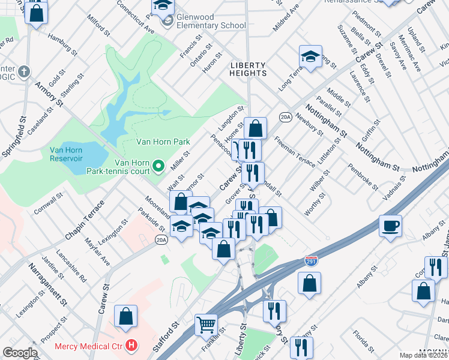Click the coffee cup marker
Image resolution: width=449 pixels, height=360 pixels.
(x=390, y=226)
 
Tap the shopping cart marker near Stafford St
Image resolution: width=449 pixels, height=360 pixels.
(x=206, y=325)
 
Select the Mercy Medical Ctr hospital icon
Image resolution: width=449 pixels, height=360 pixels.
(x=131, y=346)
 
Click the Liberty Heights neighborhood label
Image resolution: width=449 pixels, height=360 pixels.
(x=249, y=68)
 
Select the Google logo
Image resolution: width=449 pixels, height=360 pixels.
(x=20, y=353)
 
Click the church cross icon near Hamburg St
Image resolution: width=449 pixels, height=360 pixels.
(x=24, y=73)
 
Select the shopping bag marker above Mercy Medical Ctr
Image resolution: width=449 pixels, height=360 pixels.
(x=126, y=316)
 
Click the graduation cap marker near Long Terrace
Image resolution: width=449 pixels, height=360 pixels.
(x=310, y=57)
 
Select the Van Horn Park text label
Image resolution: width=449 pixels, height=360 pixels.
(x=163, y=142)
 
